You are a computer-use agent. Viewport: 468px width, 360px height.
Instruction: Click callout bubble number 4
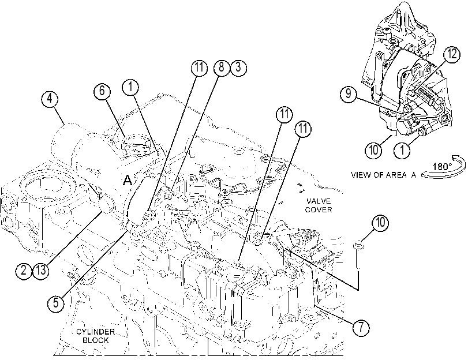point(50,99)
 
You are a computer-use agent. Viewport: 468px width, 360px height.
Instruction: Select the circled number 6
point(102,91)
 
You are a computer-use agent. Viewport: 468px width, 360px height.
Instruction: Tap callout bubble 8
point(221,67)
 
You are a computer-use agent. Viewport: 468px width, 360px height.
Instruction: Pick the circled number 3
point(238,67)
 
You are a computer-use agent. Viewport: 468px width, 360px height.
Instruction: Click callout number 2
point(24,271)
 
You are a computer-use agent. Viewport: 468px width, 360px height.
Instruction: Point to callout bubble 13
point(40,271)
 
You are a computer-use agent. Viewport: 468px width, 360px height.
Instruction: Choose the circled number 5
point(56,303)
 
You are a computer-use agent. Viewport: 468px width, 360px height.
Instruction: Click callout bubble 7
point(361,327)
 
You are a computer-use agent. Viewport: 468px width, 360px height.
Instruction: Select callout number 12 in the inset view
point(452,54)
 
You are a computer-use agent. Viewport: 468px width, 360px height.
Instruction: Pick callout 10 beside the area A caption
point(374,150)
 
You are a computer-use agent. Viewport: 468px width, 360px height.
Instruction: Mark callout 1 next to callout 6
point(131,87)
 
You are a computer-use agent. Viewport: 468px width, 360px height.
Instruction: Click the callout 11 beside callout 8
point(199,68)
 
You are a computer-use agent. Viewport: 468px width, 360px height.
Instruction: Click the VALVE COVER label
point(318,205)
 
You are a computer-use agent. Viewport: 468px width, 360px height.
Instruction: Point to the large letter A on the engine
point(128,180)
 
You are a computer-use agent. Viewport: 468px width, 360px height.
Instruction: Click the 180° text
point(443,166)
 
